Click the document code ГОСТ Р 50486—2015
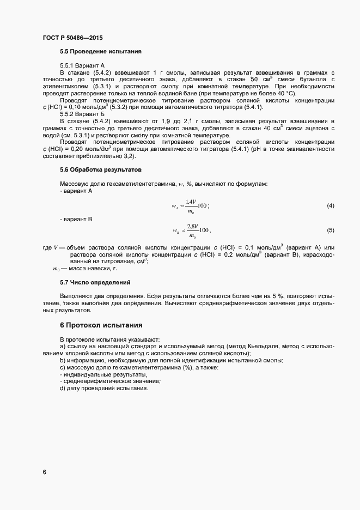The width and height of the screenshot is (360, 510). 72,38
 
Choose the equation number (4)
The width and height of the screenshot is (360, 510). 330,205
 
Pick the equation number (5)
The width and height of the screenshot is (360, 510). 330,230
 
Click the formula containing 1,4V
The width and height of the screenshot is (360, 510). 191,206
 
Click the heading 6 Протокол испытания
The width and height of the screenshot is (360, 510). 101,325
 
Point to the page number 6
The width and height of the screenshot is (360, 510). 45,471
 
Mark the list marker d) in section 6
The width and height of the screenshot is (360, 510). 63,388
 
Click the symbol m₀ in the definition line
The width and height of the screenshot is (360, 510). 56,269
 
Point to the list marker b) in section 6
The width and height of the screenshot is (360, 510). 63,361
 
